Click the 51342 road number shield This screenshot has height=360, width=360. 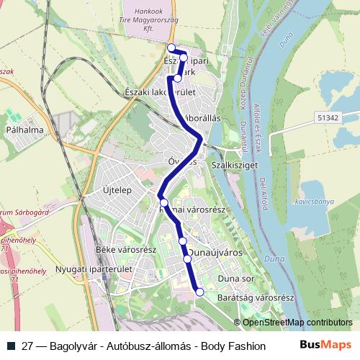(327, 117)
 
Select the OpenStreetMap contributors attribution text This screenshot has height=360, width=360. (298, 322)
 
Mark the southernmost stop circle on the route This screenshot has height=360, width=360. (199, 292)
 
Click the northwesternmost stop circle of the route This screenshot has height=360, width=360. (171, 48)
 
